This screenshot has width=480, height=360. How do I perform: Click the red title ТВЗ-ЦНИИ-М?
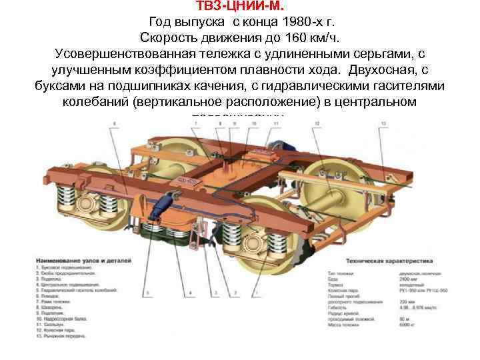239,6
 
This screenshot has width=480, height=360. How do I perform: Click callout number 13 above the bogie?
383,123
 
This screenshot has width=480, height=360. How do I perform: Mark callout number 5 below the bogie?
146,293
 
